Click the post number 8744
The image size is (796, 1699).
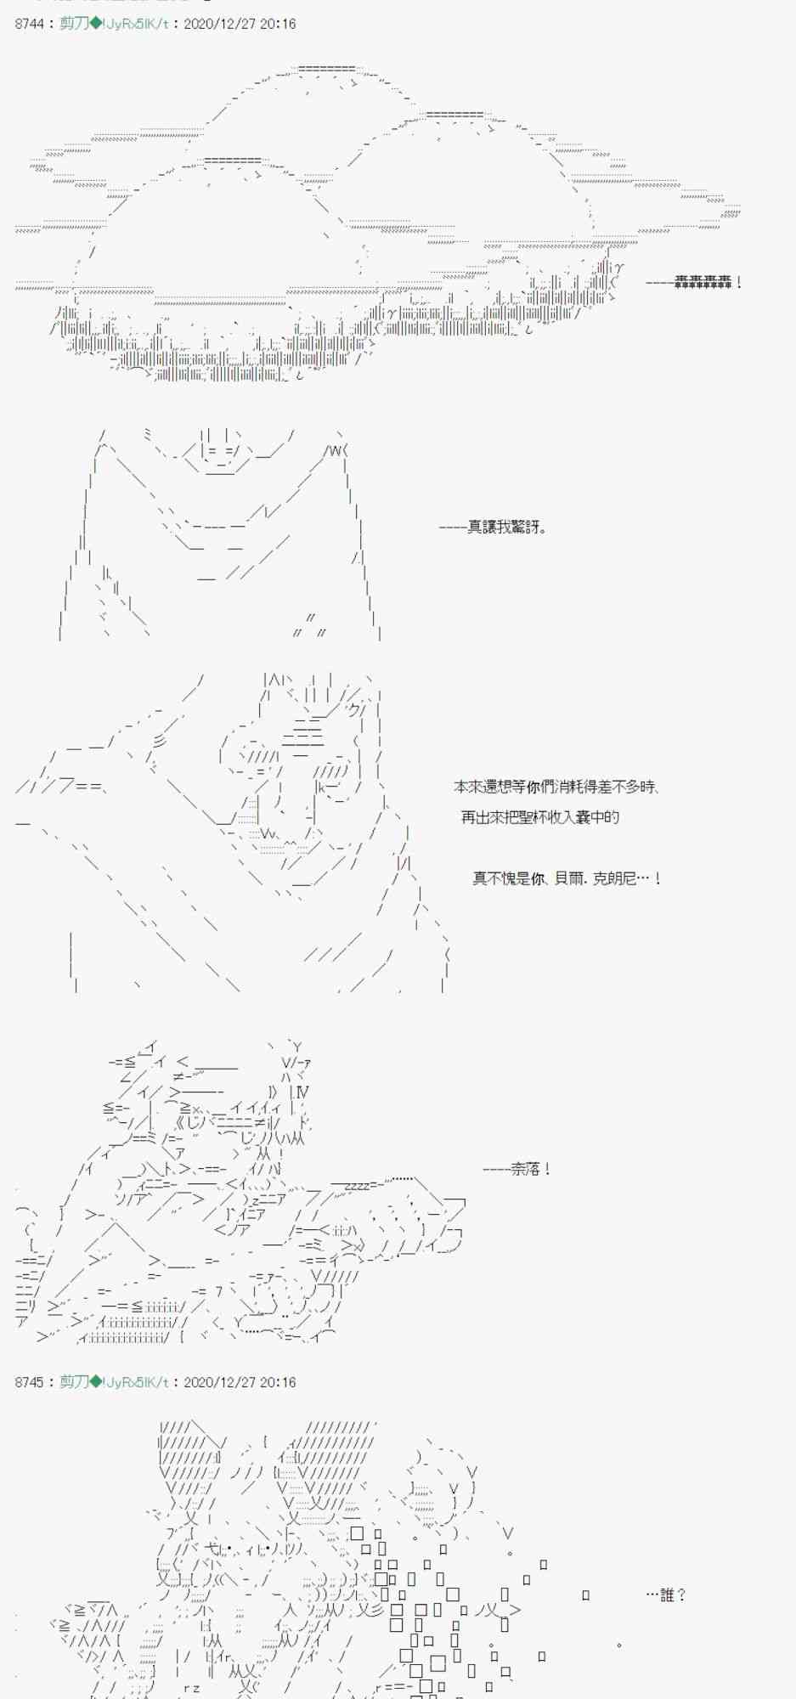click(x=29, y=24)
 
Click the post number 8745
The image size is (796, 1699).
click(x=29, y=1383)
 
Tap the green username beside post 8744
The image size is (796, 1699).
click(x=74, y=24)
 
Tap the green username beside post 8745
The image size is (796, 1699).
click(x=74, y=1383)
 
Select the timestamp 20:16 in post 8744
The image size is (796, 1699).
click(x=279, y=24)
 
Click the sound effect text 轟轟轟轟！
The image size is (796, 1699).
click(x=708, y=282)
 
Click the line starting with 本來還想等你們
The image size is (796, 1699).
click(x=556, y=787)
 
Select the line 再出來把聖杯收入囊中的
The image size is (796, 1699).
click(x=540, y=817)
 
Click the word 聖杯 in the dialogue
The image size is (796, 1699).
click(x=530, y=817)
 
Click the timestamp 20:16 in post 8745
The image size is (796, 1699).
click(x=279, y=1383)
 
